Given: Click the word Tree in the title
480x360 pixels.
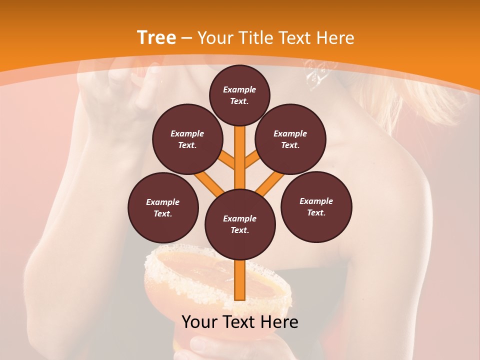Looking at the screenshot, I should coord(156,37).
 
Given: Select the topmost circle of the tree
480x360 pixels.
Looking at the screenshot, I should coord(239,95).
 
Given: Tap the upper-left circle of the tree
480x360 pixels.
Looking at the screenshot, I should coord(187,139).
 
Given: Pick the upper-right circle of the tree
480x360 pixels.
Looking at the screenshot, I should coord(290,139).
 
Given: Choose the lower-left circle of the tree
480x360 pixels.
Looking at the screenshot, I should coord(163,207).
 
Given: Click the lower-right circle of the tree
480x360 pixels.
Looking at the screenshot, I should coord(316,206).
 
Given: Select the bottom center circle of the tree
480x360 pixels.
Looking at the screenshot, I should coord(240,224).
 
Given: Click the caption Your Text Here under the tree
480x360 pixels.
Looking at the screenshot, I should coord(240,322).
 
